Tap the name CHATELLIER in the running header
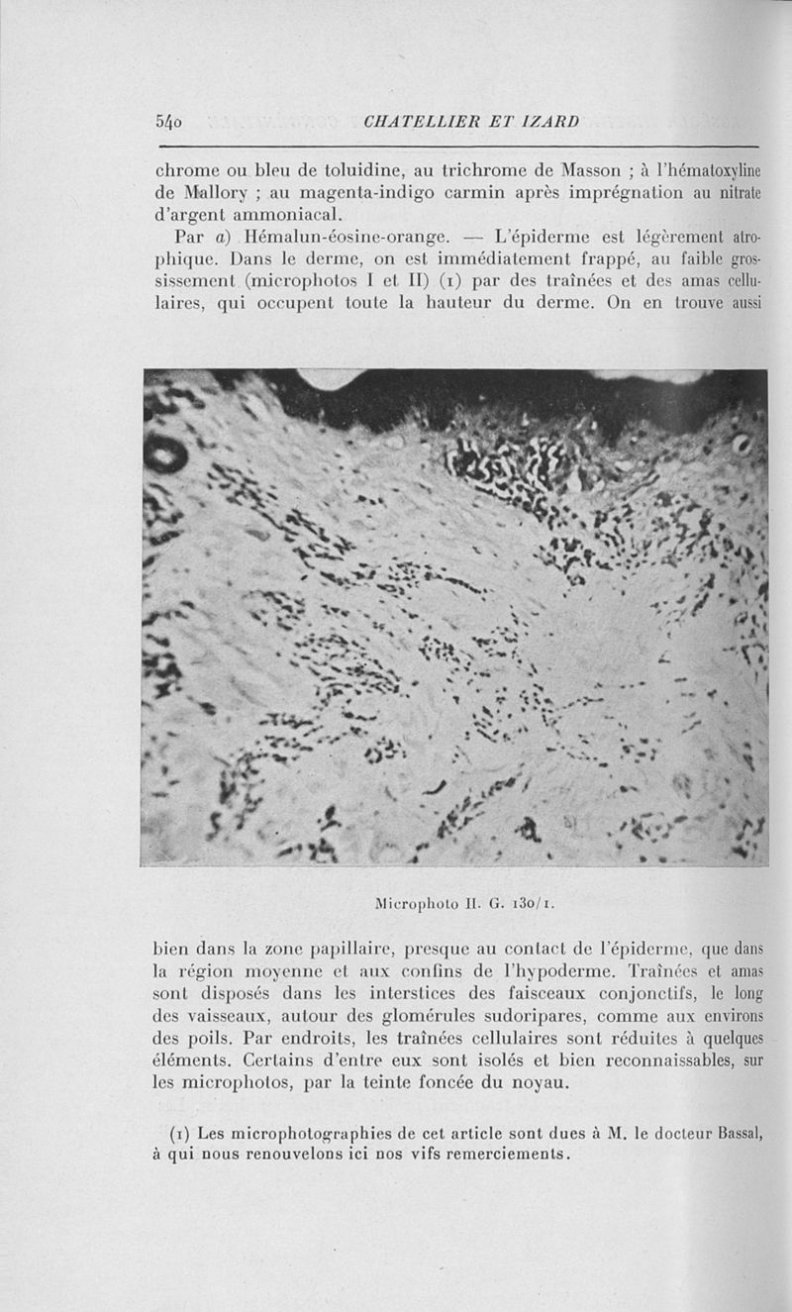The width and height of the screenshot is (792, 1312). pyautogui.click(x=429, y=122)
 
